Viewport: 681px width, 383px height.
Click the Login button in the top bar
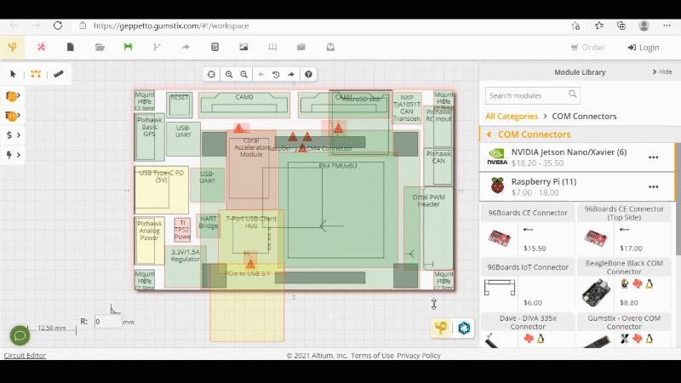tap(644, 48)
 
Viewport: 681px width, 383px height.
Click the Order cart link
tap(587, 48)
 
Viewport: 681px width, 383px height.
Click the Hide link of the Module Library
tap(661, 72)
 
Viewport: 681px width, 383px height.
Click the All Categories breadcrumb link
tap(512, 116)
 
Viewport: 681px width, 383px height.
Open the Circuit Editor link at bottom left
tap(25, 356)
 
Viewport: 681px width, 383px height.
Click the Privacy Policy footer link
tap(419, 356)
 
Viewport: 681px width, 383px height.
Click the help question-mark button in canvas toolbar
tap(308, 74)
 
